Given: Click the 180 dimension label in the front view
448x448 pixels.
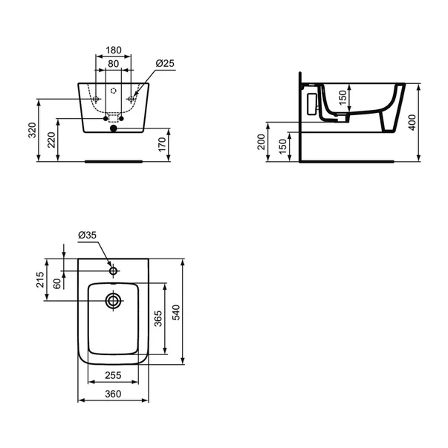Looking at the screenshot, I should [x=113, y=51].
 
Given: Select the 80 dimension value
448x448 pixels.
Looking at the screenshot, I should [x=113, y=65].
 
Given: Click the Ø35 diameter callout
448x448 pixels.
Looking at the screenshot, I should [x=87, y=236].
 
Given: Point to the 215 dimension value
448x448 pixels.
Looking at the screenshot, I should [x=42, y=280].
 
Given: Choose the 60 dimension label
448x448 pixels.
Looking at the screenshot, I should [x=58, y=284].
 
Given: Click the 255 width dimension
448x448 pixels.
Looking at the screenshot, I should [x=113, y=376].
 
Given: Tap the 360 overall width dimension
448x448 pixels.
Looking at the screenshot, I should [x=113, y=395].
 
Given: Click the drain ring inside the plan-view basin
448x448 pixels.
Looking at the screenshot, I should [x=113, y=300].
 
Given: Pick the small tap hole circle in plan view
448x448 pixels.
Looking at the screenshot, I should [x=113, y=271].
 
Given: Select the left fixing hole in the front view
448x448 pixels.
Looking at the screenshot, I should [x=95, y=100].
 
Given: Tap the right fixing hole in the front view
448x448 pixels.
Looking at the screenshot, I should [x=131, y=100].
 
